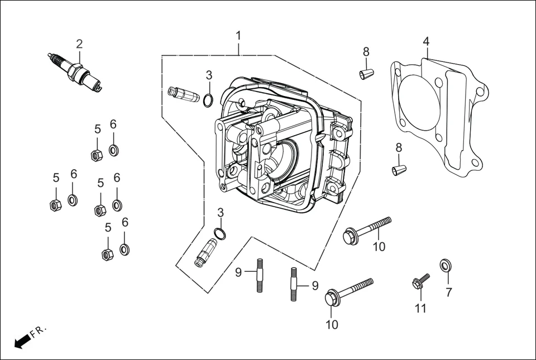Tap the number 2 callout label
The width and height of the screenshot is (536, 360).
(79, 44)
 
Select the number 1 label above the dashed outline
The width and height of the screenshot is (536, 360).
(238, 36)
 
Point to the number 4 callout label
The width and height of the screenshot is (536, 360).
(426, 41)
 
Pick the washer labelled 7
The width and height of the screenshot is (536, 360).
(446, 265)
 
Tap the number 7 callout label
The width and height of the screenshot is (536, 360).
(449, 292)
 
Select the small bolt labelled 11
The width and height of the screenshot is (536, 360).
(420, 281)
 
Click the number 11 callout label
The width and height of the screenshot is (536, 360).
(420, 308)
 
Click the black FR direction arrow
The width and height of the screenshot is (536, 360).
(21, 341)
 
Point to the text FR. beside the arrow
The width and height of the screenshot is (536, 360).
(39, 332)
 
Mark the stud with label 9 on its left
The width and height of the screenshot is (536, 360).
(260, 274)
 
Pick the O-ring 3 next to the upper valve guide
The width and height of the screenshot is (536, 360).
(208, 100)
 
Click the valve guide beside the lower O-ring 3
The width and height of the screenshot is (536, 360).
(205, 253)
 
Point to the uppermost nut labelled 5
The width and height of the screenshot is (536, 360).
(96, 155)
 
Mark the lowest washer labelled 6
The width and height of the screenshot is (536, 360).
(125, 249)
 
